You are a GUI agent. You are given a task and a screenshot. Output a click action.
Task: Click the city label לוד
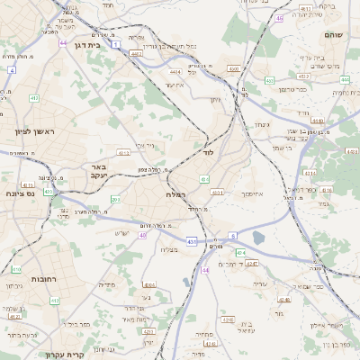(209, 153)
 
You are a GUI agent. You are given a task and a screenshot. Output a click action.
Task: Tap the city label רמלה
(175, 194)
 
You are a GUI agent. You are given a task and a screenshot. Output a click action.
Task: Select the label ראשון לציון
(34, 132)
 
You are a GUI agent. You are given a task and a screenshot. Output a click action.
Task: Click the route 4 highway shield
(12, 68)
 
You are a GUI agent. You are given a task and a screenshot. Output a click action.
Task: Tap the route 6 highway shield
(231, 236)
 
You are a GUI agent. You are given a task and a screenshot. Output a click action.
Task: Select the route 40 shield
(142, 235)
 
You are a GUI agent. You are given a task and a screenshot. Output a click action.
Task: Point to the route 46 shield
(280, 17)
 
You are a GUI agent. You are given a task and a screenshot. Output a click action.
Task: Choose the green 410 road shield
(16, 269)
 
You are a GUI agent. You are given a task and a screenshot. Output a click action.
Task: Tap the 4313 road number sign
(218, 193)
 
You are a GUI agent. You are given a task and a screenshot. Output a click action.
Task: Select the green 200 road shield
(115, 199)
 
